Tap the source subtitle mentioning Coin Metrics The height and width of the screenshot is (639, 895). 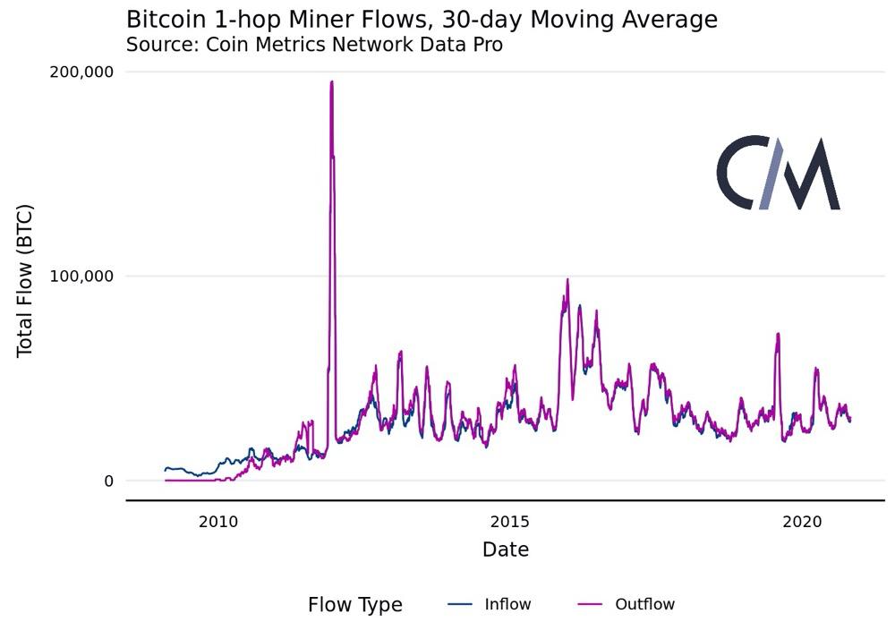coord(314,45)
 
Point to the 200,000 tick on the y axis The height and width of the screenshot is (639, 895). coord(81,72)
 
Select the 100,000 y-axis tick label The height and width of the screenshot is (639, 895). coord(81,277)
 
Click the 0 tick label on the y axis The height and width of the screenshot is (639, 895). coord(109,481)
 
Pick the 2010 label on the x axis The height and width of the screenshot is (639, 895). coord(218,522)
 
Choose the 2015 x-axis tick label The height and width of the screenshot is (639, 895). coord(510,522)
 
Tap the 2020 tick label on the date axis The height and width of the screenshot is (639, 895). coord(802,522)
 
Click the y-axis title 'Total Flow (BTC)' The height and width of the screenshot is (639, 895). coord(24,281)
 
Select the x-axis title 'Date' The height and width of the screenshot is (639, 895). coord(506,550)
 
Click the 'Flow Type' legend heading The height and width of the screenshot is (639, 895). coord(355,605)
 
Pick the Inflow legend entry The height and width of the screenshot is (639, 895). coord(490,604)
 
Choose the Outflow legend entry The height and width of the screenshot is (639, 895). coord(626,604)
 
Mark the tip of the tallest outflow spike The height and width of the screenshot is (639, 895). coord(332,81)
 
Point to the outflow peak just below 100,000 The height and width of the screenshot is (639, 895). coord(567,279)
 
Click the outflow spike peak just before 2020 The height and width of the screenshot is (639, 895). coord(778,334)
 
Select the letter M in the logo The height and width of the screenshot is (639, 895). coord(812,174)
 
